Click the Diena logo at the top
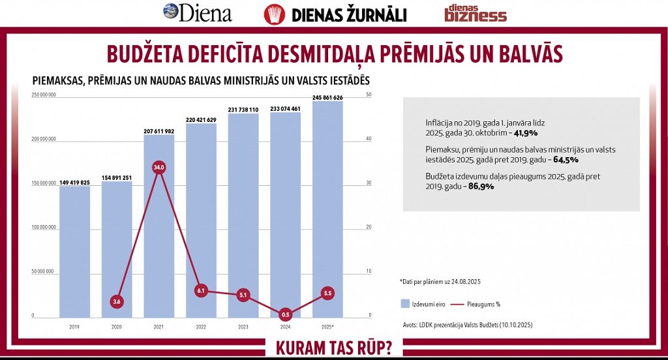(197, 12)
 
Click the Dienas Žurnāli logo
(335, 14)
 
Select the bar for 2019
(74, 251)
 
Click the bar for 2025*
(327, 209)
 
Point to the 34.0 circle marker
(159, 168)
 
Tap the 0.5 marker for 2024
(286, 314)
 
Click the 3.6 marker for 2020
(117, 301)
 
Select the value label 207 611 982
(159, 131)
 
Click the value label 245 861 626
(327, 98)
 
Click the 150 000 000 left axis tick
(44, 183)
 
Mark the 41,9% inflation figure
(526, 132)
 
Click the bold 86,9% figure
(481, 186)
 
